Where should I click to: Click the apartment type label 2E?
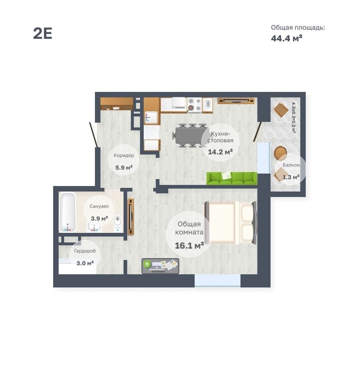coord(43,33)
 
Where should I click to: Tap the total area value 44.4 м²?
coord(286,38)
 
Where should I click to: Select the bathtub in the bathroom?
coord(67,212)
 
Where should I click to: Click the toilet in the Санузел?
coord(118,223)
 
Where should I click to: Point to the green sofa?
coord(232,178)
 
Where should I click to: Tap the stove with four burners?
coord(195,105)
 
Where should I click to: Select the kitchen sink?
coord(151,118)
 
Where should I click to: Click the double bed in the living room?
coord(231,222)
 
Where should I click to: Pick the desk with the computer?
coord(161,266)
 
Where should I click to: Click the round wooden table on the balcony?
coord(280,153)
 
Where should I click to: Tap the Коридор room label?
coord(124,155)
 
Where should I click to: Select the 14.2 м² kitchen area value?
coord(220,152)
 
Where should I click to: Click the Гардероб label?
coord(85,251)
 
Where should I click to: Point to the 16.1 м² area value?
coord(190,246)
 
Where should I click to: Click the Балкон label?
coord(291,165)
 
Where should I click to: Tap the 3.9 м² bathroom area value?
coord(99,219)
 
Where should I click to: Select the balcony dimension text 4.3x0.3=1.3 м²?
coord(294,118)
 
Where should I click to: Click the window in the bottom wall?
coord(218,280)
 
